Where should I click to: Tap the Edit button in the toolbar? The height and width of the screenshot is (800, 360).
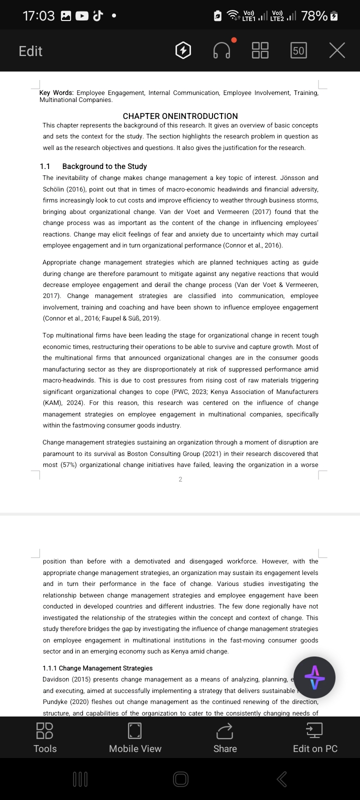[30, 51]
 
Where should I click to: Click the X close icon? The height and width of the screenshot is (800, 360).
[337, 50]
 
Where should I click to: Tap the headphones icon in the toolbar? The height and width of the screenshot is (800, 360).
[222, 50]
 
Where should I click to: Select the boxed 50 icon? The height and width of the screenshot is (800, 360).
[298, 50]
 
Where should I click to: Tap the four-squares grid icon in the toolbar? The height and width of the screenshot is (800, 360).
[260, 50]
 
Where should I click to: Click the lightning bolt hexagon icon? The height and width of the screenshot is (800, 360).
[183, 50]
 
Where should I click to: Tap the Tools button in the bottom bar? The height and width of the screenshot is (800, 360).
[45, 737]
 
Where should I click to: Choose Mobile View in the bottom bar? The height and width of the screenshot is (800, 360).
[135, 737]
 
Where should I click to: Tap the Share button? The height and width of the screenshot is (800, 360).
[225, 737]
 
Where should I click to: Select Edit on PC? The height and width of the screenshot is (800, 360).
[315, 737]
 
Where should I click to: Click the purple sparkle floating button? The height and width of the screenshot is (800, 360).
[314, 677]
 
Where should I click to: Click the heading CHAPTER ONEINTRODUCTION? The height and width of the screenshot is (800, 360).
[180, 116]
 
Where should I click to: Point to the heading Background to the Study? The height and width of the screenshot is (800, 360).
[104, 166]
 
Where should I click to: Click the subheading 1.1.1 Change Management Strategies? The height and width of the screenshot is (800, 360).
[97, 668]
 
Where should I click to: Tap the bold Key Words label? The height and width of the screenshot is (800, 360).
[56, 93]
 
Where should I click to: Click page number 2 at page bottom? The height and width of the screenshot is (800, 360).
[180, 479]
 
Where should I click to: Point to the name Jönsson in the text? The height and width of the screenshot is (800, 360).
[293, 178]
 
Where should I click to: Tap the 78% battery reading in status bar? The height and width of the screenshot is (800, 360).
[314, 16]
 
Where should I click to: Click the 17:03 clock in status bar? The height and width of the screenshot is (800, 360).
[38, 16]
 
